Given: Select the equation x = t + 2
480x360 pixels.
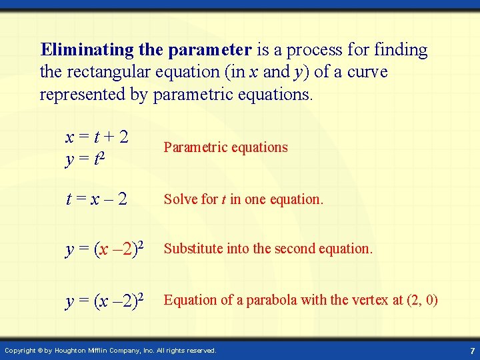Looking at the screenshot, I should [97, 137].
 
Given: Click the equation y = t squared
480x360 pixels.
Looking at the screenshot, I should [87, 159].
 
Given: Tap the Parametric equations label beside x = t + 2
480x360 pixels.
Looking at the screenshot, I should [225, 147].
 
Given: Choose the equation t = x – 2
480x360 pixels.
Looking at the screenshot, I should [97, 199].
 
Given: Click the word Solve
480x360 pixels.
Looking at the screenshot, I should [179, 199].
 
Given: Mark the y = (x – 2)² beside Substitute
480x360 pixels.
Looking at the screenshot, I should [105, 249].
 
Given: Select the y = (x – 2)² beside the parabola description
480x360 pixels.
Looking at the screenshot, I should [105, 301].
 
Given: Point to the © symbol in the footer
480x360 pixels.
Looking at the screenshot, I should [39, 350].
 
